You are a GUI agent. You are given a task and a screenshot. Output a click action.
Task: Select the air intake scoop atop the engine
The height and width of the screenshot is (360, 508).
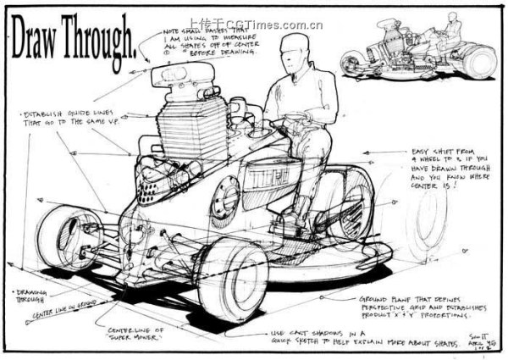(182, 80)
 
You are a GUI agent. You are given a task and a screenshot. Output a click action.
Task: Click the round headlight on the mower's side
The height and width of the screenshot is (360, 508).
(227, 197)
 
